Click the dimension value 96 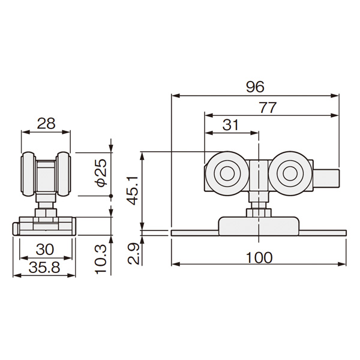pyautogui.click(x=255, y=87)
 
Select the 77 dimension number pyautogui.click(x=268, y=107)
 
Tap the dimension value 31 pyautogui.click(x=231, y=125)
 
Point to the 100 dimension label pyautogui.click(x=259, y=257)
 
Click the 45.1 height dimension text pyautogui.click(x=133, y=191)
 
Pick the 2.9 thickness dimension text pyautogui.click(x=133, y=254)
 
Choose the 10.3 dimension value pyautogui.click(x=101, y=259)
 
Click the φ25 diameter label pyautogui.click(x=101, y=173)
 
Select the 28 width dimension pyautogui.click(x=46, y=124)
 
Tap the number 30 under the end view pyautogui.click(x=45, y=250)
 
